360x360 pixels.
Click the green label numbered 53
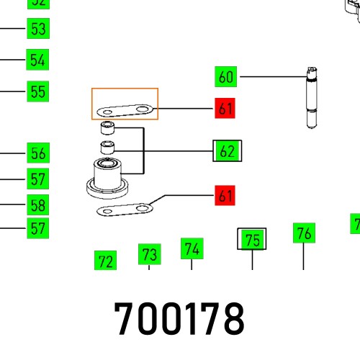[x=38, y=30]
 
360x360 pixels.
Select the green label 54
[x=38, y=60]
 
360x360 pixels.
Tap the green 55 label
[x=38, y=91]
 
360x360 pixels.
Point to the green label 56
[x=38, y=153]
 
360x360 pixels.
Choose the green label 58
[x=38, y=204]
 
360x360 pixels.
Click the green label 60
[x=226, y=76]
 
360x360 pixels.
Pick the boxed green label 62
[x=228, y=151]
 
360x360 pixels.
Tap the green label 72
[x=105, y=261]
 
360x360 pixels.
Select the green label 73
[x=149, y=254]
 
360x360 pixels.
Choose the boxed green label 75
[x=252, y=240]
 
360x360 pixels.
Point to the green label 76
[x=304, y=233]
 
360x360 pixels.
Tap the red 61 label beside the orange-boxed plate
[x=226, y=109]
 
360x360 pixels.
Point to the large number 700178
[x=179, y=318]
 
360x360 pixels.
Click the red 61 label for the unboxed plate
[x=226, y=195]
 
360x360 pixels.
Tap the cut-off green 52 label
[x=38, y=3]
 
